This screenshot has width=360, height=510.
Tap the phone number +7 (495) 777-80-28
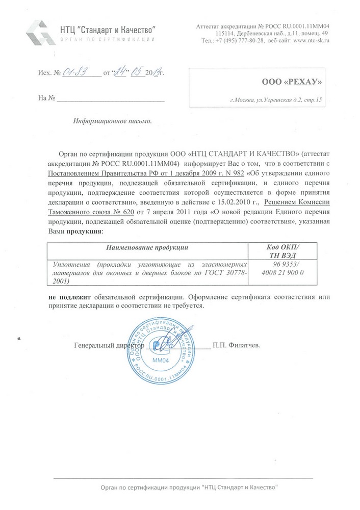240,41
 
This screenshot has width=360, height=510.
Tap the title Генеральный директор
109,345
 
